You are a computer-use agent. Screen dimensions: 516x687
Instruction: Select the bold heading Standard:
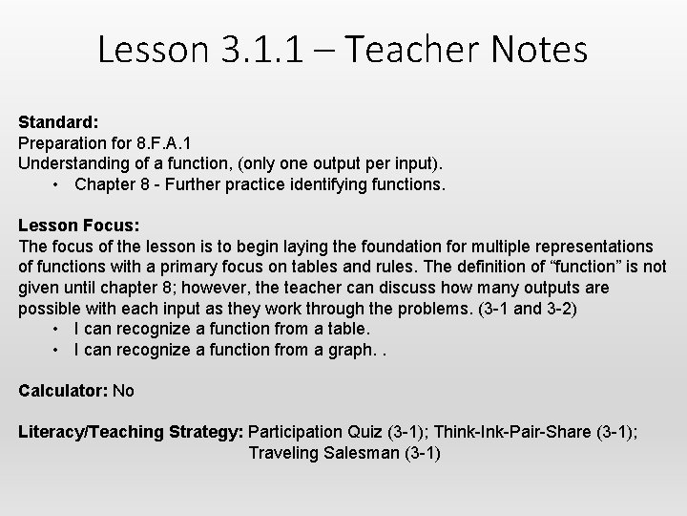pyautogui.click(x=59, y=123)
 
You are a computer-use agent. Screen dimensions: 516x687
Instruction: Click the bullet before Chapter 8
pyautogui.click(x=58, y=183)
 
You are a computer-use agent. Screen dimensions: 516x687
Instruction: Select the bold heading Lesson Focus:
pyautogui.click(x=79, y=226)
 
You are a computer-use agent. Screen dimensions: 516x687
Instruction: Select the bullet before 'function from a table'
pyautogui.click(x=58, y=330)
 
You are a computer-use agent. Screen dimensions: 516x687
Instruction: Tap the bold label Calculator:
pyautogui.click(x=63, y=391)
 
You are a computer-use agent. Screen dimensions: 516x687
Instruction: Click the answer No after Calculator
pyautogui.click(x=124, y=391)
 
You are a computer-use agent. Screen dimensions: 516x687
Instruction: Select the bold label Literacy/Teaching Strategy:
pyautogui.click(x=131, y=432)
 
